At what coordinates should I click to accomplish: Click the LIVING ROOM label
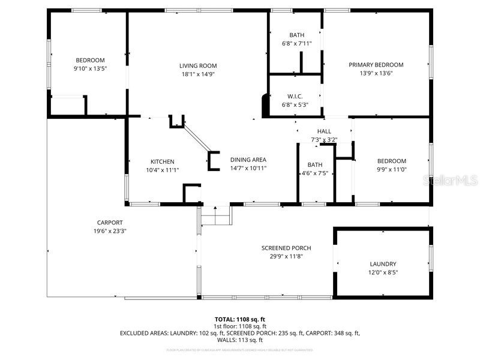(198, 65)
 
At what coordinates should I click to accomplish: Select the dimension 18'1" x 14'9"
(198, 74)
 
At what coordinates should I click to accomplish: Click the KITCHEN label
(162, 161)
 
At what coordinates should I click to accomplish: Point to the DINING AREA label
(248, 160)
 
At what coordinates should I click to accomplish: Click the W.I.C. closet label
(295, 96)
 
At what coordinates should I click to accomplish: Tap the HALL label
(324, 131)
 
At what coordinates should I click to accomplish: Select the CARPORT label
(110, 223)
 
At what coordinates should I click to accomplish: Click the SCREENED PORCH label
(286, 248)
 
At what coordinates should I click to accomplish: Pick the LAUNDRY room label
(383, 264)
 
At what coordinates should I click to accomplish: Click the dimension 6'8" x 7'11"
(297, 44)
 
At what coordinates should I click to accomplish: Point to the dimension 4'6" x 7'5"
(315, 173)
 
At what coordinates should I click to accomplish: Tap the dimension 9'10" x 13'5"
(90, 68)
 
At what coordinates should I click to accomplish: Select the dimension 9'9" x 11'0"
(391, 169)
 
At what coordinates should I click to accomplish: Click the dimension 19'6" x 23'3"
(110, 231)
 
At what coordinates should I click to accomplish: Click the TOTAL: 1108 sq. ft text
(240, 319)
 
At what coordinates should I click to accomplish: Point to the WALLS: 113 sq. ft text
(240, 340)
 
